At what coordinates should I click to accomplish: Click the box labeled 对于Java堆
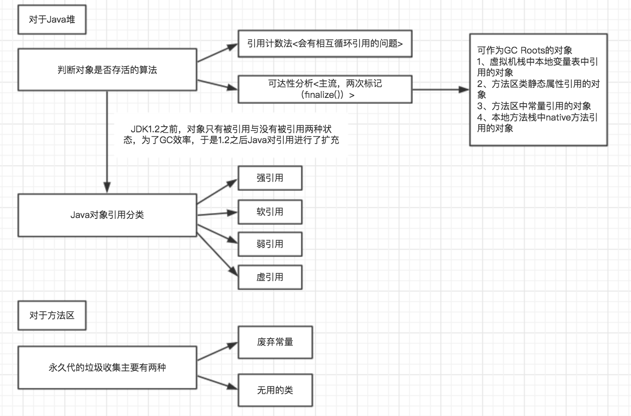(x=52, y=20)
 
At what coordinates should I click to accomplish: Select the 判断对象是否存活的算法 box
(x=107, y=70)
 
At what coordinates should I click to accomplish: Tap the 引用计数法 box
(x=325, y=44)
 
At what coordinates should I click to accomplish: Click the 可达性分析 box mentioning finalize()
(x=325, y=89)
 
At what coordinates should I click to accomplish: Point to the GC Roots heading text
(x=524, y=50)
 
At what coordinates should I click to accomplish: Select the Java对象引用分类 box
(x=107, y=215)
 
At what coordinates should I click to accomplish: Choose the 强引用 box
(x=270, y=178)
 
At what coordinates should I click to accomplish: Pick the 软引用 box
(x=270, y=212)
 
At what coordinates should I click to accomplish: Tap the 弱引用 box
(x=270, y=244)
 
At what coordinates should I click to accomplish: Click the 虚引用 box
(x=270, y=277)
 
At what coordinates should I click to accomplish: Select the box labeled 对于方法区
(x=52, y=315)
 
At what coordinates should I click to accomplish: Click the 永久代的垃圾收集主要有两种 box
(x=107, y=368)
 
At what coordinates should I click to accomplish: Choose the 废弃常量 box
(x=275, y=342)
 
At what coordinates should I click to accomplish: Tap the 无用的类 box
(x=275, y=390)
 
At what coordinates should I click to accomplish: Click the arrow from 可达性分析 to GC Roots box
(x=440, y=90)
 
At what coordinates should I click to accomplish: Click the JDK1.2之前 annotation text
(x=231, y=134)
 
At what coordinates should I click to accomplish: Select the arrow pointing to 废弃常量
(x=217, y=352)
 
